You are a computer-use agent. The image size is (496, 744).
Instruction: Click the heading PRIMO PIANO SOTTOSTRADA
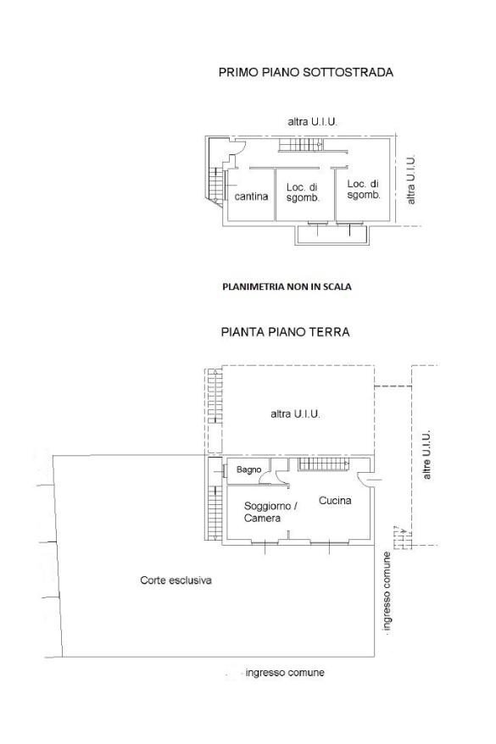(306, 72)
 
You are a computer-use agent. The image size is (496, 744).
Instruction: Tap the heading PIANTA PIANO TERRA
(285, 331)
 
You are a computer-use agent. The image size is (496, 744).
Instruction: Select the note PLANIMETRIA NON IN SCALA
(287, 286)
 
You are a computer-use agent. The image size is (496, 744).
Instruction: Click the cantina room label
(251, 197)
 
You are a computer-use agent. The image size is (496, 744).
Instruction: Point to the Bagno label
(248, 469)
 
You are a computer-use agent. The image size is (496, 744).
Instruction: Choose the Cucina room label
(335, 500)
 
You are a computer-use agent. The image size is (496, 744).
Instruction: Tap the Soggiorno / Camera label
(270, 512)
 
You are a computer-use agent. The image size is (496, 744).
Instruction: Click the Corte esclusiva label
(176, 580)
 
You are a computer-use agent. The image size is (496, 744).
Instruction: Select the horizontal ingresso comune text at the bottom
(285, 672)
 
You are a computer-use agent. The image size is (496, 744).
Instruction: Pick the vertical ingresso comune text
(387, 591)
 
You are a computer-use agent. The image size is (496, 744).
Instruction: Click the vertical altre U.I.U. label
(426, 454)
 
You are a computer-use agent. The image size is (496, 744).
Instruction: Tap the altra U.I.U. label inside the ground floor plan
(295, 414)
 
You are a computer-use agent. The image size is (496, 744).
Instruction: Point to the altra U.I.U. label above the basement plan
(312, 121)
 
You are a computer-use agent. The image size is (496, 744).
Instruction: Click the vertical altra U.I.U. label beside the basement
(411, 180)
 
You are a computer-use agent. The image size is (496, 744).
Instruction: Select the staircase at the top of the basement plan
(301, 145)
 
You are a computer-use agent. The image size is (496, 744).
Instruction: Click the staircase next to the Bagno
(323, 464)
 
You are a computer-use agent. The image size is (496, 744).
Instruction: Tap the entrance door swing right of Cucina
(366, 480)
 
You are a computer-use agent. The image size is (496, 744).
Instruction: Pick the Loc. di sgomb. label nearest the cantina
(303, 192)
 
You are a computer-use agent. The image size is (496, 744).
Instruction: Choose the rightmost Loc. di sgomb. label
(364, 189)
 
